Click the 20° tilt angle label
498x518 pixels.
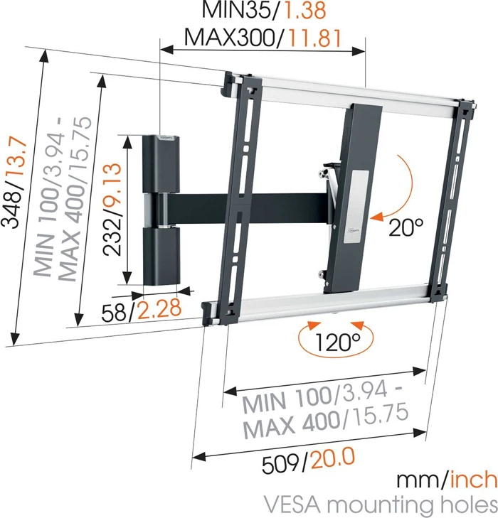point(406,227)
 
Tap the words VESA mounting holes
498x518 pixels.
point(380,504)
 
